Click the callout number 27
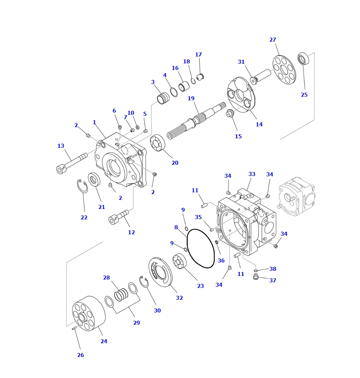click(273, 40)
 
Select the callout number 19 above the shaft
click(191, 98)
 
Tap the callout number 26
click(80, 355)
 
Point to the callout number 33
click(252, 174)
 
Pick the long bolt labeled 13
click(71, 163)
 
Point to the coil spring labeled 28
click(121, 295)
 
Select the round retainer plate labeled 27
click(284, 70)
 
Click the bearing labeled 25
click(303, 59)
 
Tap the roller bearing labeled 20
click(157, 143)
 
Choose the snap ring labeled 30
click(144, 282)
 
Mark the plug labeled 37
click(256, 277)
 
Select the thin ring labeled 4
click(174, 92)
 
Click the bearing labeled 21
click(94, 180)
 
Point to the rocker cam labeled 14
click(241, 94)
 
